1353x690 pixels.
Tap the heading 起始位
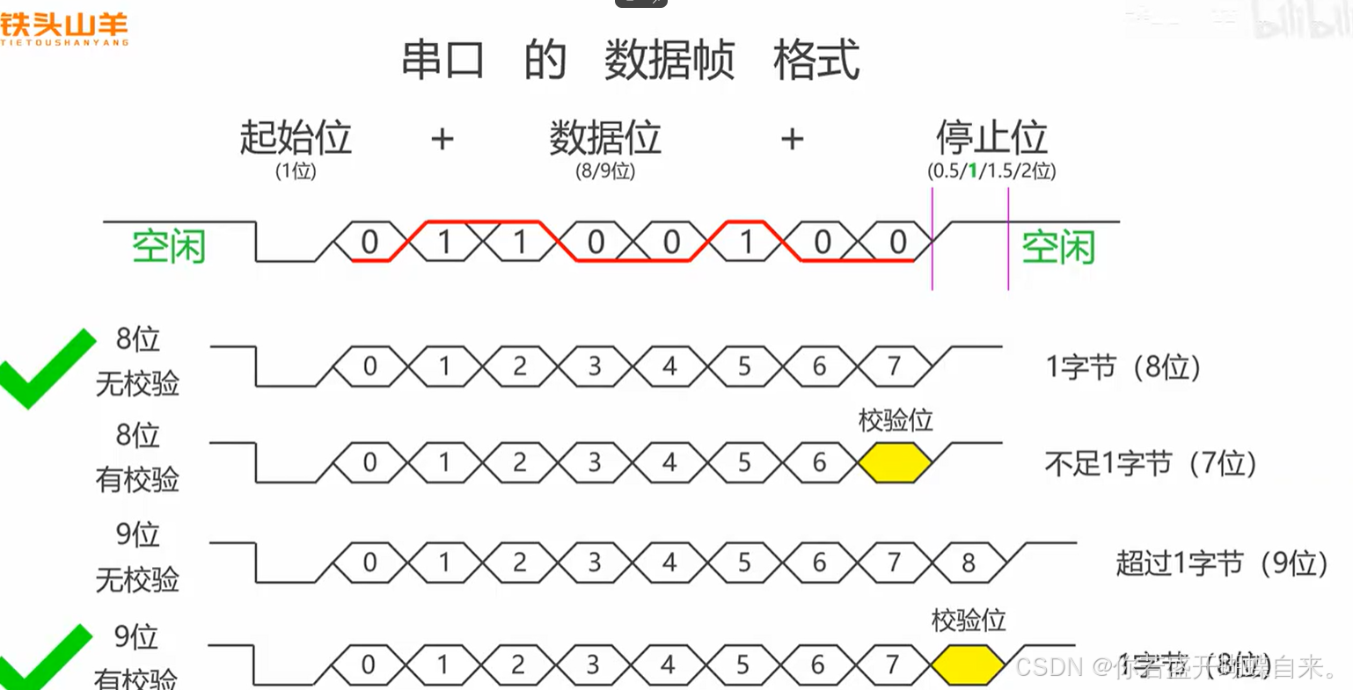296,138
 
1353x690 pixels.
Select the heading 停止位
991,138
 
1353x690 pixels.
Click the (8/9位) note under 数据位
605,171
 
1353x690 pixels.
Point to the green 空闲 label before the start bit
168,247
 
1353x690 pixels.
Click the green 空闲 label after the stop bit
1057,248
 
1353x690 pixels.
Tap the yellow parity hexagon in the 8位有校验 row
895,463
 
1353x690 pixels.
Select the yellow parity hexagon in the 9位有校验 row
968,665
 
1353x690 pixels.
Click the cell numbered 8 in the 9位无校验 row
969,563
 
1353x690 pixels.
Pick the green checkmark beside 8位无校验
46,367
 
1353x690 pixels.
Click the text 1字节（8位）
1123,367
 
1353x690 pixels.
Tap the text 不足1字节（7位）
1151,463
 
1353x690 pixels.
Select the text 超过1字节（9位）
1222,563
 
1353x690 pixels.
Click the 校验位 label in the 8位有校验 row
896,421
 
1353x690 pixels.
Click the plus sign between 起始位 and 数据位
442,139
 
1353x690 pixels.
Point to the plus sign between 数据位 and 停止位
792,139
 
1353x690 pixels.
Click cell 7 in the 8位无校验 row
895,366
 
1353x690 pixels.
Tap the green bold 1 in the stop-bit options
973,171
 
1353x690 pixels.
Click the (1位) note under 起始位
296,171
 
